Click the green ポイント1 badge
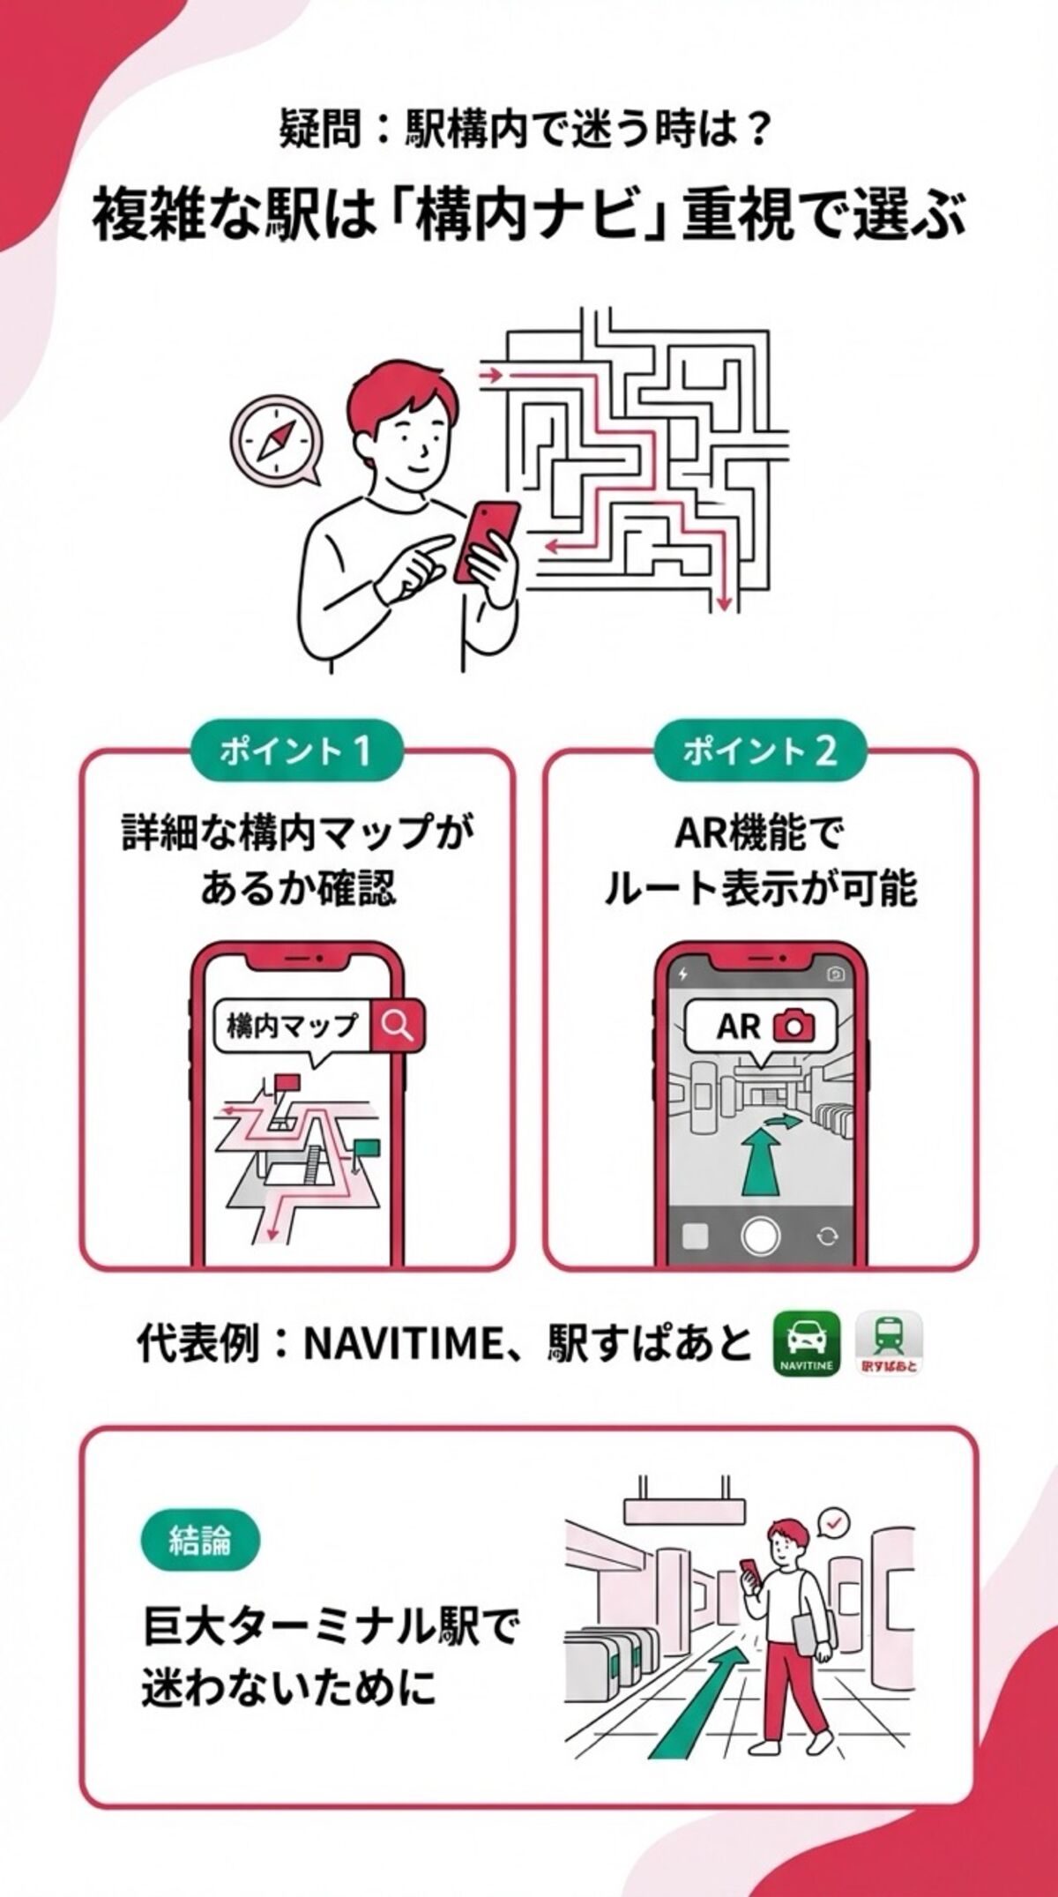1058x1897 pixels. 296,751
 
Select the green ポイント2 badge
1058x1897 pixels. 759,751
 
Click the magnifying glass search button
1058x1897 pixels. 398,1025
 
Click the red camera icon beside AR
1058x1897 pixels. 793,1025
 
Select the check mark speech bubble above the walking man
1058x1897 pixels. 833,1521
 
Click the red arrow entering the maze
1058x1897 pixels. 490,375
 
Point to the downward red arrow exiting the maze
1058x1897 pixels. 723,601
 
